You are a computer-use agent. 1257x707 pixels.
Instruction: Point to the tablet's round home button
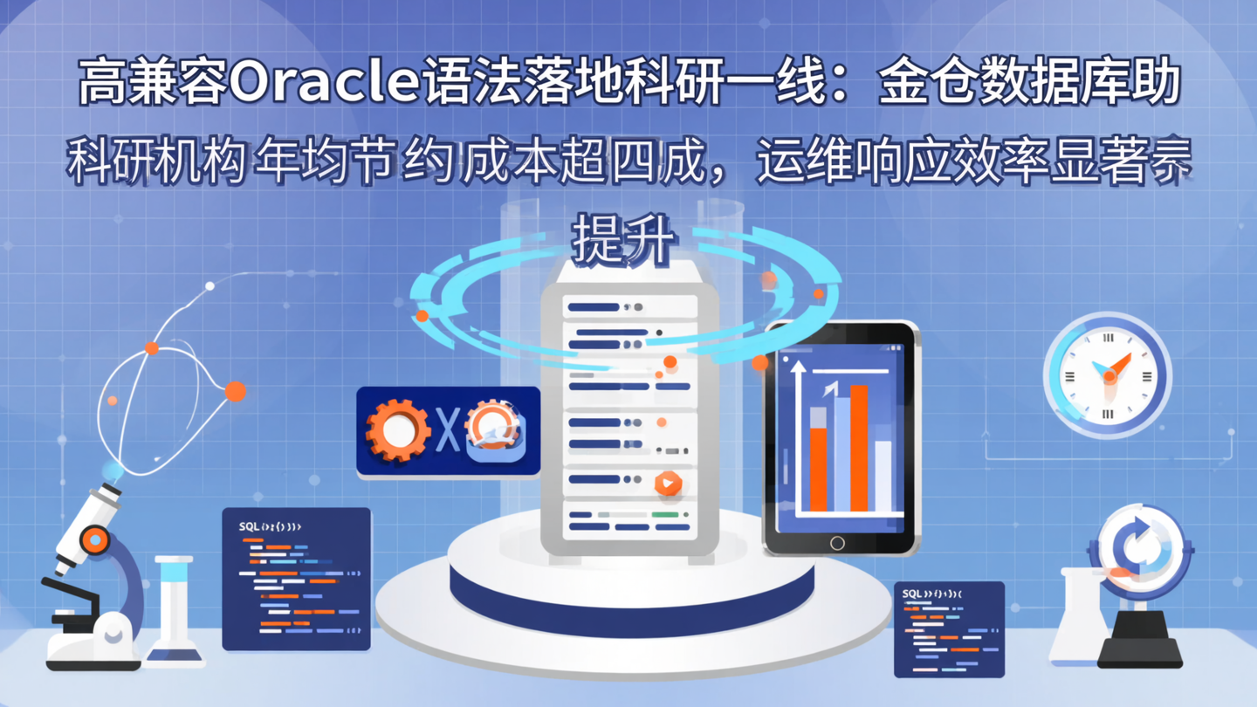tap(837, 543)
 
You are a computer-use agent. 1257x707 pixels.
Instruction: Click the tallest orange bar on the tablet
tap(859, 448)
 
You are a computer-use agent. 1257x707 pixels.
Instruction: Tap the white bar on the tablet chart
tap(883, 476)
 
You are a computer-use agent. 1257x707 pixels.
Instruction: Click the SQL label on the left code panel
tap(249, 527)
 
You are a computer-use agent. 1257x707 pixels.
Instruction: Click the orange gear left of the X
tap(398, 430)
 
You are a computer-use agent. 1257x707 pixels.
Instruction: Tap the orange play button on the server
tap(668, 483)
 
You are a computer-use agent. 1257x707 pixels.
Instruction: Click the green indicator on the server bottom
tap(665, 515)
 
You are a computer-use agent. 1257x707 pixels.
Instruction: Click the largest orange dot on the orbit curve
tap(235, 391)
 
